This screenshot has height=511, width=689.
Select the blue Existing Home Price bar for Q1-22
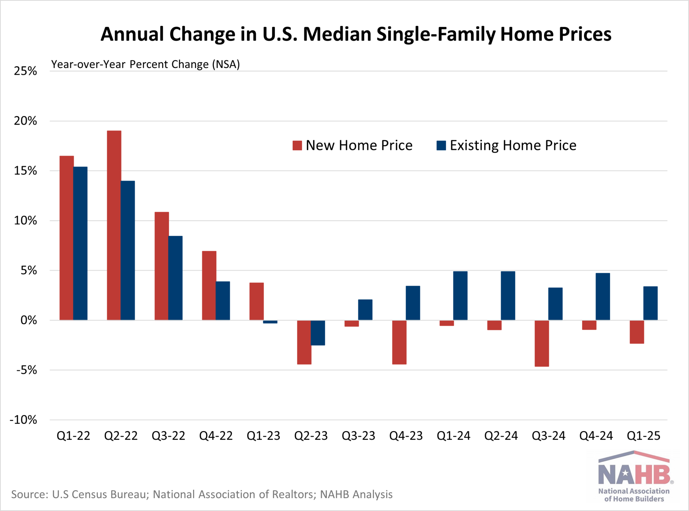click(x=80, y=243)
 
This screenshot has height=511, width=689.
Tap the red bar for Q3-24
click(x=542, y=343)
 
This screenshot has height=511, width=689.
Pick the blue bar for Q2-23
click(x=318, y=333)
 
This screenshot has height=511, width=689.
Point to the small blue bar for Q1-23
click(x=270, y=322)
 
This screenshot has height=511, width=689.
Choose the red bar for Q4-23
click(x=399, y=342)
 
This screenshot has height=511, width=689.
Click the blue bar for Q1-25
click(x=650, y=303)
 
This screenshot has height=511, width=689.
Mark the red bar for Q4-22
click(x=209, y=285)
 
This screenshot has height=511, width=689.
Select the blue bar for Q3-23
click(x=365, y=310)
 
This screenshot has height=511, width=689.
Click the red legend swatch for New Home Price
click(x=297, y=146)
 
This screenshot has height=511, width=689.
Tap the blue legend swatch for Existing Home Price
click(x=441, y=146)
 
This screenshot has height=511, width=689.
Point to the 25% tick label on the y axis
click(x=25, y=71)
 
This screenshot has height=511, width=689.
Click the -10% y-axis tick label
click(x=24, y=420)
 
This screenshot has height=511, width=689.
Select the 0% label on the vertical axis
click(x=29, y=320)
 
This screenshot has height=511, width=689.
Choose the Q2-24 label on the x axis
click(x=501, y=436)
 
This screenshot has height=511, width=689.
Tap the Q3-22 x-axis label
click(x=169, y=436)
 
